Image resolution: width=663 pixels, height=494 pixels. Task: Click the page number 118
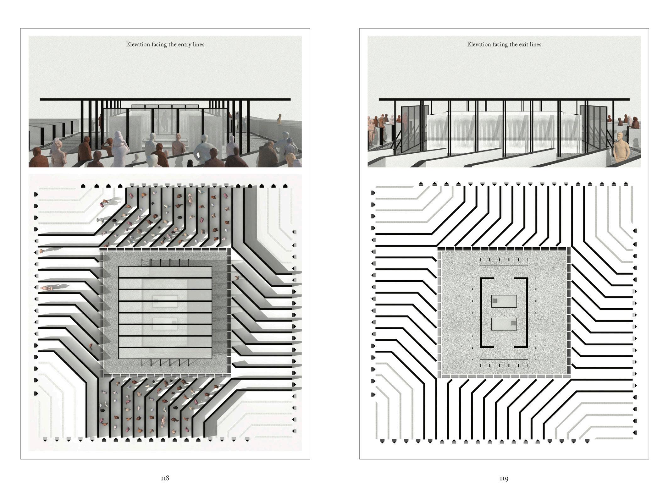(x=165, y=478)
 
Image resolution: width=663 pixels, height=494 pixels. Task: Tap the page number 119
(x=504, y=478)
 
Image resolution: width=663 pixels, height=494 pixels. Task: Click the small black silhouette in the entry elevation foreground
(x=190, y=163)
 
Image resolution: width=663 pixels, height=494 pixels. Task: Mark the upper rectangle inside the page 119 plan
(x=504, y=301)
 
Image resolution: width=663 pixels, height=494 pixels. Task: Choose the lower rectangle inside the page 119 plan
(x=504, y=324)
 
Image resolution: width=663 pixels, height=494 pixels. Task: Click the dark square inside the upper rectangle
(x=495, y=301)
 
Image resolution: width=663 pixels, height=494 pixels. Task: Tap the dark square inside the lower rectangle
(x=513, y=323)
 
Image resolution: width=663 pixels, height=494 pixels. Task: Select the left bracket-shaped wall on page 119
(x=482, y=312)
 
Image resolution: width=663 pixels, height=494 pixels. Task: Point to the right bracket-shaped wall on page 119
(x=526, y=312)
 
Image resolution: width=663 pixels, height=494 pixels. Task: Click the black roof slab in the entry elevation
(x=165, y=99)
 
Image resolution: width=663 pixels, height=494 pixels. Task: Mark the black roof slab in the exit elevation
(x=504, y=99)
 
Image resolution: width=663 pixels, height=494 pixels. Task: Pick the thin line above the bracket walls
(x=504, y=266)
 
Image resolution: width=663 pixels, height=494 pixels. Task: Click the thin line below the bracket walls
(x=504, y=359)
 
